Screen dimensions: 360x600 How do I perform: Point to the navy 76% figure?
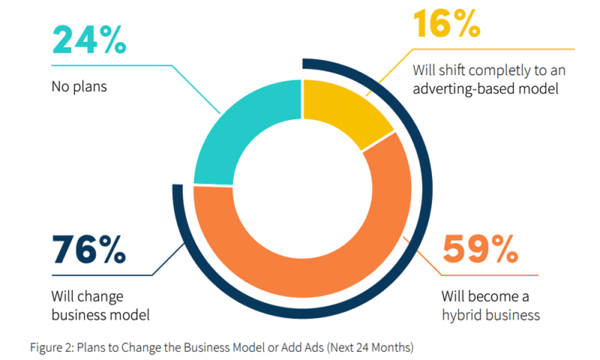pyautogui.click(x=89, y=249)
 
